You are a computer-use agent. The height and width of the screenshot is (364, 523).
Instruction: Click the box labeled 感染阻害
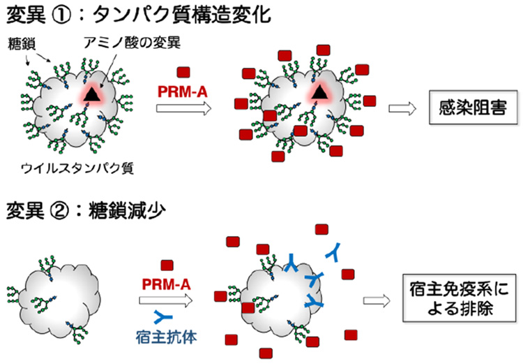[466, 109]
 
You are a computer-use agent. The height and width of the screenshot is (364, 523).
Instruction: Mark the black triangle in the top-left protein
[93, 99]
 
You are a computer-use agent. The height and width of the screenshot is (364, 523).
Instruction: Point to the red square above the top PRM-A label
[184, 72]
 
